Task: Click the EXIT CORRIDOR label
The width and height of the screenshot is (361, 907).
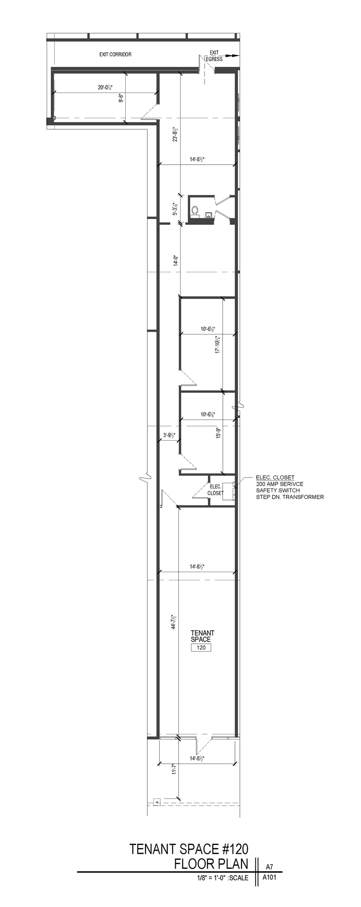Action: pyautogui.click(x=115, y=54)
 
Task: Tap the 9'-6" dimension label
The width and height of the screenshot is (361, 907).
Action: pyautogui.click(x=120, y=98)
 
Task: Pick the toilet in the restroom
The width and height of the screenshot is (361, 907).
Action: pyautogui.click(x=195, y=210)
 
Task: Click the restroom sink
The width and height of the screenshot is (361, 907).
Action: pyautogui.click(x=208, y=215)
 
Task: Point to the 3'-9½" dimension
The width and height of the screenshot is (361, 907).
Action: pyautogui.click(x=169, y=435)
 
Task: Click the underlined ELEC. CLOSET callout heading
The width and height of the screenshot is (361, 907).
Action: pyautogui.click(x=275, y=477)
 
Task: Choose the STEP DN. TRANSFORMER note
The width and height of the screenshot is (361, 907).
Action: pyautogui.click(x=290, y=497)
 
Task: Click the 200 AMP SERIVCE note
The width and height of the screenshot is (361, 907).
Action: pyautogui.click(x=280, y=484)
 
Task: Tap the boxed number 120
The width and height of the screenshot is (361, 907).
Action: pyautogui.click(x=201, y=647)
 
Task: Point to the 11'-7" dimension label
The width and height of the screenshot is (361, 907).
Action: pyautogui.click(x=175, y=770)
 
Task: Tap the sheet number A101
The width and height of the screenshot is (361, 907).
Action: pyautogui.click(x=269, y=877)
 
